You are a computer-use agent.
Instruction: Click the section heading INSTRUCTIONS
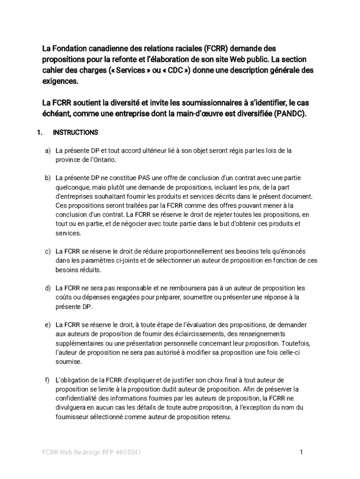coord(75,132)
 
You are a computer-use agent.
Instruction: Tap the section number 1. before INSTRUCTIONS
coord(40,132)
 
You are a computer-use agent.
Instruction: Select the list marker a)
coord(48,151)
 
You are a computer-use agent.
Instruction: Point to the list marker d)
coord(48,288)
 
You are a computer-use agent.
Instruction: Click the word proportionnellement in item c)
coord(182,251)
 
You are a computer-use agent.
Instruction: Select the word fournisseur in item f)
coord(72,416)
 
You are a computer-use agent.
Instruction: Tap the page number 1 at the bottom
coord(302,452)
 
